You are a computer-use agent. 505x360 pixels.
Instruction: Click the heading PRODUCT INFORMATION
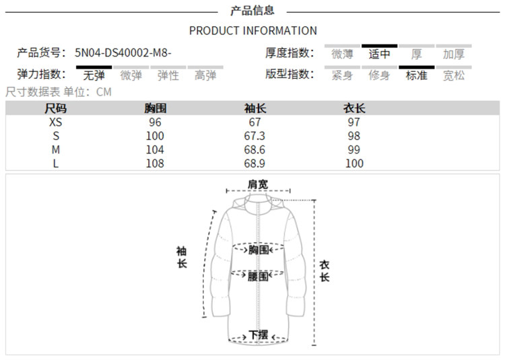pos(252,30)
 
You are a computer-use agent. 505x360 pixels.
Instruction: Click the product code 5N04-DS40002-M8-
pos(128,52)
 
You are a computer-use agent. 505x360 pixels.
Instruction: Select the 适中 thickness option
pos(379,55)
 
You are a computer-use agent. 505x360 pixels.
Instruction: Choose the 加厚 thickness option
pos(454,55)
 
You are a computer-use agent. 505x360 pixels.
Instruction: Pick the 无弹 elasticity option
pos(94,75)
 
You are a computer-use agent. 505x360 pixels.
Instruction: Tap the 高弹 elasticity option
pos(205,75)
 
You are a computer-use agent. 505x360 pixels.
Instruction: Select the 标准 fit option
pos(416,75)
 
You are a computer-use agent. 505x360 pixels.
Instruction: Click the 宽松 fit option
pos(454,75)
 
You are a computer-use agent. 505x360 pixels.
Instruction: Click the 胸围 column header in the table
pos(156,108)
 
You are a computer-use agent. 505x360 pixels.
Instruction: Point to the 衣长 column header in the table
pos(354,108)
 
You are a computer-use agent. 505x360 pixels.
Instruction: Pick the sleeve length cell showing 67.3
pos(255,136)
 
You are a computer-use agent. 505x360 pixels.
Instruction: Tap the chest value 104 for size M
pos(156,149)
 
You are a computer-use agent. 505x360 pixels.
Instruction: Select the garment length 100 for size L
pos(354,164)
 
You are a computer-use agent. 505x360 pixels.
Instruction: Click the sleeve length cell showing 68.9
pos(255,164)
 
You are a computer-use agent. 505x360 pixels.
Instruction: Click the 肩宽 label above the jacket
pos(257,184)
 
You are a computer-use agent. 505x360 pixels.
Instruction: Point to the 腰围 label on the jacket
pos(258,276)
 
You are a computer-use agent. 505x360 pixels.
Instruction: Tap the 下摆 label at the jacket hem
pos(258,334)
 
